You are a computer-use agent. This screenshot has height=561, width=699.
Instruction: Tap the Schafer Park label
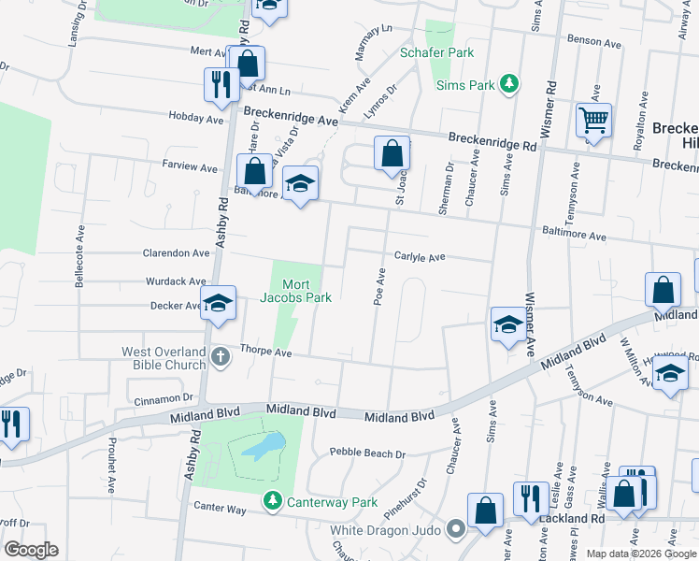coord(437,53)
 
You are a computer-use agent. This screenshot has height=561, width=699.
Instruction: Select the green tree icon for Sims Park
coord(509,84)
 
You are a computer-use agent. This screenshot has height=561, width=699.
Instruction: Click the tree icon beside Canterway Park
coord(272,502)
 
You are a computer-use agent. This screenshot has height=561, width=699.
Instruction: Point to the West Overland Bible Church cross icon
coord(220,357)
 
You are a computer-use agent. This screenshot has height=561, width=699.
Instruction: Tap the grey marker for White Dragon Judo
coord(456,530)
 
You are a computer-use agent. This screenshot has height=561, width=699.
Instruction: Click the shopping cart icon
coord(593,122)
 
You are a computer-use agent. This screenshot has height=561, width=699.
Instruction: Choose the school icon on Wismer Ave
coord(507,324)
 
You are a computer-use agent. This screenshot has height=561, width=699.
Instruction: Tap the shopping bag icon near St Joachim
coord(392,152)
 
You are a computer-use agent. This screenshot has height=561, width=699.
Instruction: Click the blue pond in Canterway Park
coord(264,447)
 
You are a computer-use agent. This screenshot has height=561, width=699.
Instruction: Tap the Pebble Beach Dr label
coord(367,453)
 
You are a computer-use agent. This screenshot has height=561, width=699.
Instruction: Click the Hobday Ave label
coord(196,119)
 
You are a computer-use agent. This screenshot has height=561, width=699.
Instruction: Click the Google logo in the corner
coord(31,550)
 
